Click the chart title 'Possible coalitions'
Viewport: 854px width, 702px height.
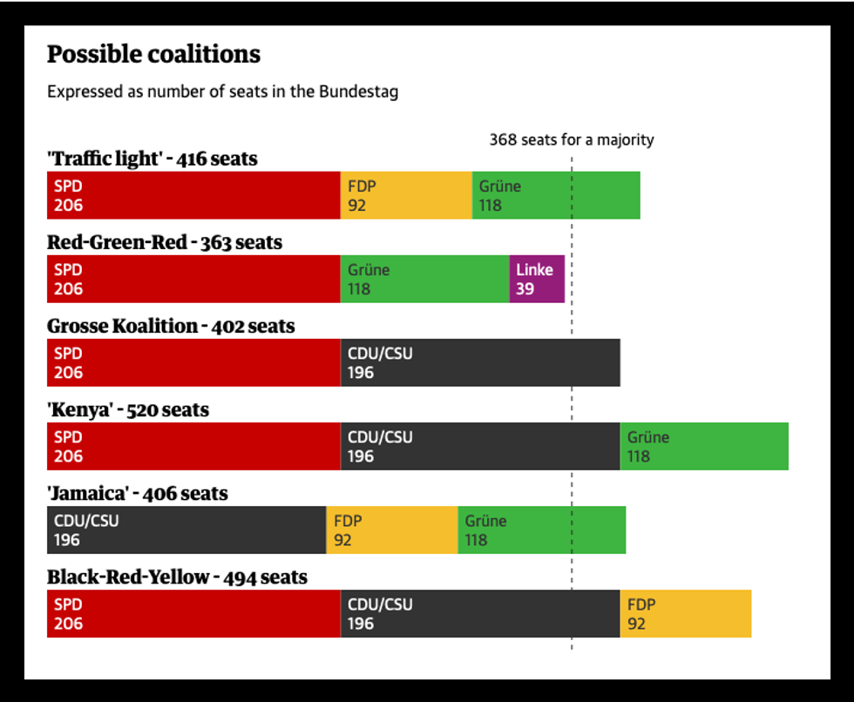click(x=153, y=54)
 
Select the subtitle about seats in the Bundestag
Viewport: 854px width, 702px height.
click(x=222, y=91)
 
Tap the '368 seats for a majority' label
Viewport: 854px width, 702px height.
click(x=571, y=139)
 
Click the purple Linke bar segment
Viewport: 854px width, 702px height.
click(x=537, y=279)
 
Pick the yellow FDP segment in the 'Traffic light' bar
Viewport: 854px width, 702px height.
click(x=406, y=195)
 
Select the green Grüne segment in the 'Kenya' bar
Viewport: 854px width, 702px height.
click(x=704, y=446)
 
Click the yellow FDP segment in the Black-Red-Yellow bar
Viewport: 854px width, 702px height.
click(x=686, y=613)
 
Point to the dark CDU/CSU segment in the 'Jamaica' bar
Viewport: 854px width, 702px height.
click(x=186, y=530)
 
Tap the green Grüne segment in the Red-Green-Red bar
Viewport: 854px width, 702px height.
click(x=424, y=279)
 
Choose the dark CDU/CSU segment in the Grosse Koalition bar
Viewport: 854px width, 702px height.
click(x=480, y=362)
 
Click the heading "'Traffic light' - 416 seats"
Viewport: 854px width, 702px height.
click(x=152, y=159)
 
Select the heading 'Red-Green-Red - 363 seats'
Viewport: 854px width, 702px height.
click(x=165, y=242)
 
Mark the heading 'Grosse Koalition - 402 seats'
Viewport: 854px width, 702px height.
click(x=171, y=326)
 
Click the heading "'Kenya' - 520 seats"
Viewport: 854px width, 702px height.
click(x=128, y=409)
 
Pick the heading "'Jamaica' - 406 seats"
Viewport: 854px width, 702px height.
click(x=138, y=493)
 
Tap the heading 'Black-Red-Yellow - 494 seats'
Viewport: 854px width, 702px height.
click(x=177, y=577)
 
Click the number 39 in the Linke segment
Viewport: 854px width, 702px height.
click(x=525, y=288)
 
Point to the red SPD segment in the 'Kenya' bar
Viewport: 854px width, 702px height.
click(x=193, y=446)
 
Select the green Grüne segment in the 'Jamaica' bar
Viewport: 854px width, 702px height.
click(x=541, y=530)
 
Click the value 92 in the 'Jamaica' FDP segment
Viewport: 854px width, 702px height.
click(x=342, y=540)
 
